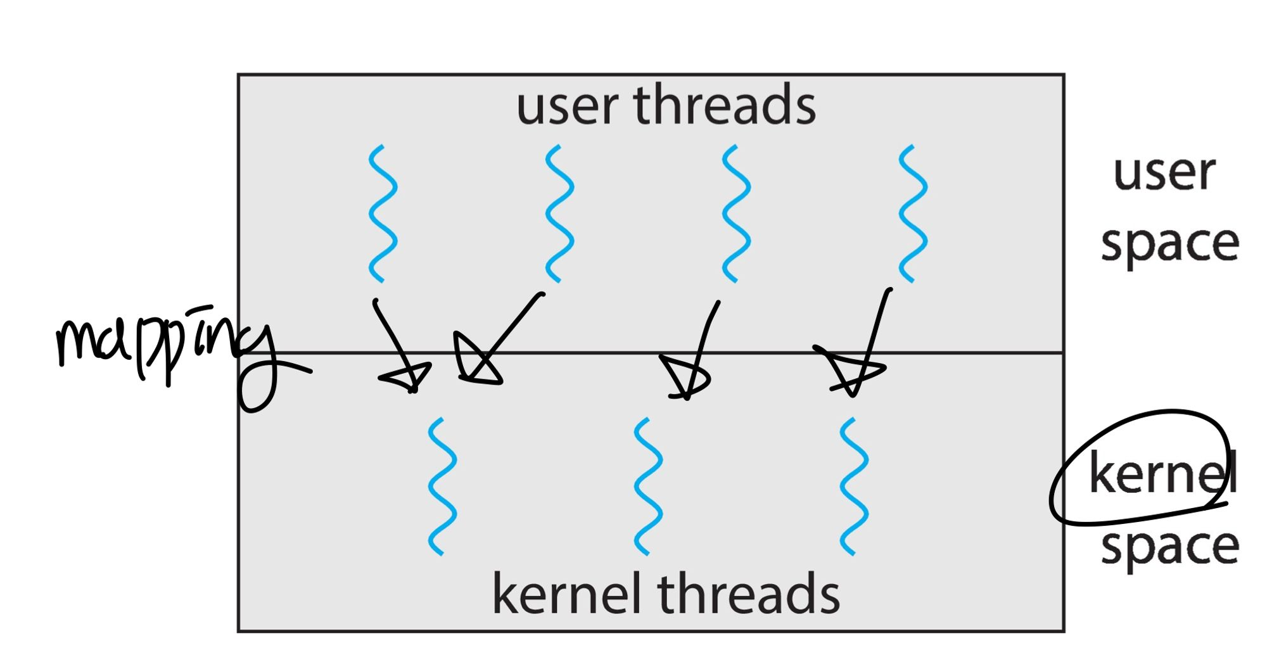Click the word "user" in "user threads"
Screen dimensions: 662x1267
click(567, 106)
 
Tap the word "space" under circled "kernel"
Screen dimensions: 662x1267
click(1169, 546)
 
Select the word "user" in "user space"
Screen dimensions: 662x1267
click(1164, 173)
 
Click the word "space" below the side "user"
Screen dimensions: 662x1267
click(1169, 244)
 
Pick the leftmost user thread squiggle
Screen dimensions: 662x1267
click(383, 213)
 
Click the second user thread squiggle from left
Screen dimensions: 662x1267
click(559, 213)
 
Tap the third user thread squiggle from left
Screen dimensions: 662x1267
click(736, 213)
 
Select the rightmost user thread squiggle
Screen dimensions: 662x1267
click(913, 213)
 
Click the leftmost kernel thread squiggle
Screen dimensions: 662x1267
click(442, 487)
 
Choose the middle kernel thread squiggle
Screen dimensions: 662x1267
click(648, 487)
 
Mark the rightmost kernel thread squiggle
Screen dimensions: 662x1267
click(854, 487)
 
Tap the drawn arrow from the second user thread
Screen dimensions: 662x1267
click(500, 342)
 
